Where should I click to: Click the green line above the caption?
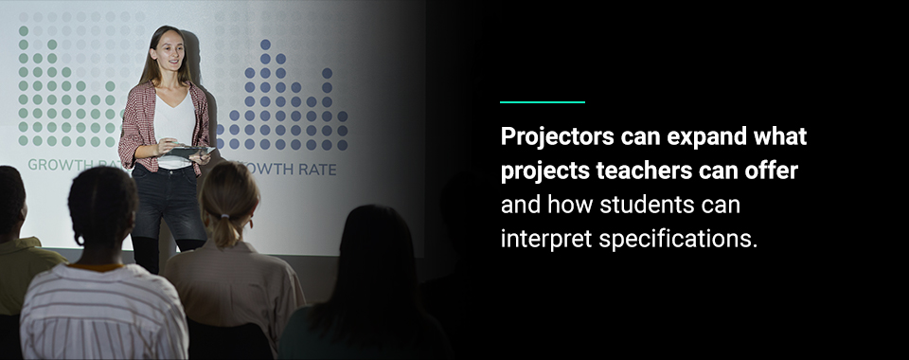pos(542,101)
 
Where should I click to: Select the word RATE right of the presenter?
pos(317,171)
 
